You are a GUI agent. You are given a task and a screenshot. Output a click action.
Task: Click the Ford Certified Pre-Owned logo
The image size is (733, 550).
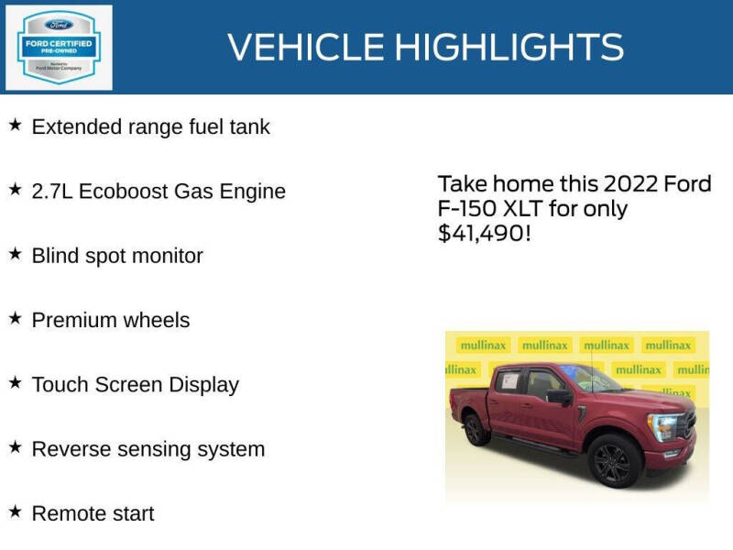tap(59, 47)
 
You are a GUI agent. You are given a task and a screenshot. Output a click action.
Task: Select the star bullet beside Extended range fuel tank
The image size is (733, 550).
tap(15, 125)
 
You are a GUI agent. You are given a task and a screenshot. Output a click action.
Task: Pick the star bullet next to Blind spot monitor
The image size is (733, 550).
tap(15, 254)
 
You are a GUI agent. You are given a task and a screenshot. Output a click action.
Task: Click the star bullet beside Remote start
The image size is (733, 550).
tap(15, 511)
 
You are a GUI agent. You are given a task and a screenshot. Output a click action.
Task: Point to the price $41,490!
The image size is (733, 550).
tap(483, 234)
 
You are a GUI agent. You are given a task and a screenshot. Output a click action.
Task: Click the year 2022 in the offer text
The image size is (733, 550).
tap(632, 183)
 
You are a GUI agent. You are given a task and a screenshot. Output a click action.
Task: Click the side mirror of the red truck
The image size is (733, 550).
tap(558, 397)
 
